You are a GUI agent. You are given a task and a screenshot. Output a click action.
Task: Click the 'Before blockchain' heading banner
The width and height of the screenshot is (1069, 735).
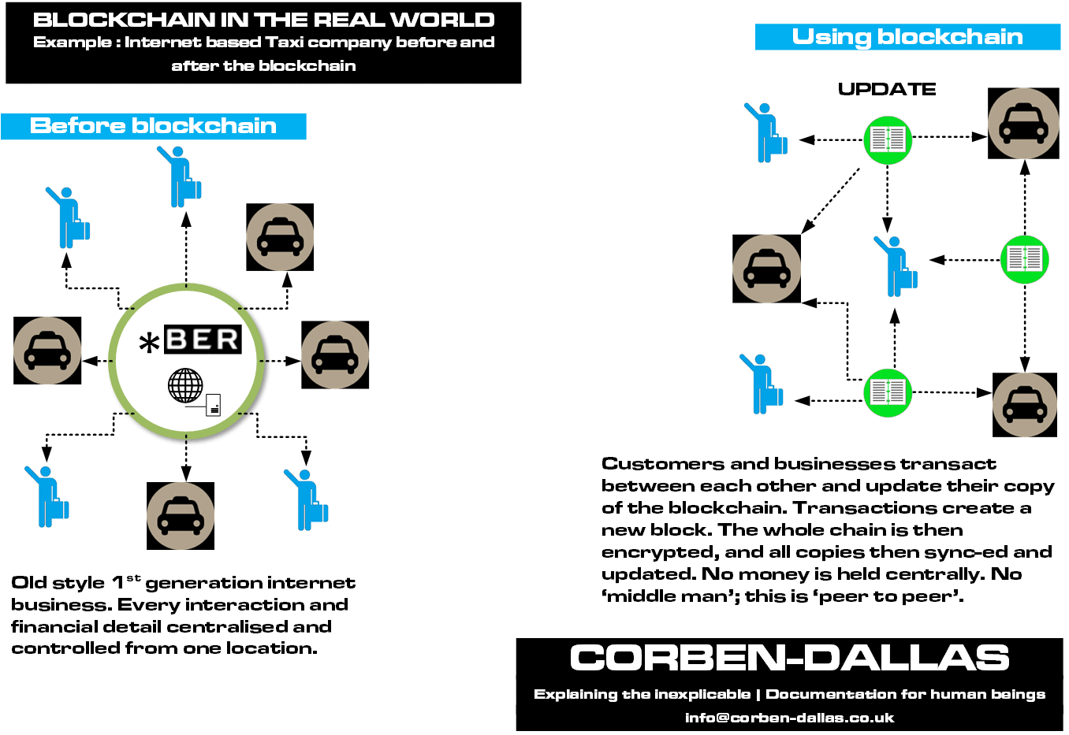153,126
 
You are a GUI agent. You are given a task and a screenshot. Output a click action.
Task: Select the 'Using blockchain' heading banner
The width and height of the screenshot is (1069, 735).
907,37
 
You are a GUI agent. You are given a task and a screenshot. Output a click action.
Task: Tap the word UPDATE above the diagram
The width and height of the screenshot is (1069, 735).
887,89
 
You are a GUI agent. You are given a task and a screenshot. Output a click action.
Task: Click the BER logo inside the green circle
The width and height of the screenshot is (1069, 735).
203,340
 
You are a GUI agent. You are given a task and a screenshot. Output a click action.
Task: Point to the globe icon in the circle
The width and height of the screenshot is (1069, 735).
185,385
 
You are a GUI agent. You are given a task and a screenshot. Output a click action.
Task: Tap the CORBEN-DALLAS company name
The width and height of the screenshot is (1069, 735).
789,658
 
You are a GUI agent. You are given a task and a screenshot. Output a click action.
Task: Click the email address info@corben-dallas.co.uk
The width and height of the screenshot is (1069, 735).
789,718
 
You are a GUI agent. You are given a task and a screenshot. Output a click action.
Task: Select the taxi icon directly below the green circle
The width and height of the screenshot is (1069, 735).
181,516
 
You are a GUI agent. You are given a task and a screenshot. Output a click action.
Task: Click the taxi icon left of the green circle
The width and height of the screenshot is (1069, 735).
47,351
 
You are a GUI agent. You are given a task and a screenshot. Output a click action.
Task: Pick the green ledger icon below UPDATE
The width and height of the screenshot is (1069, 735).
888,139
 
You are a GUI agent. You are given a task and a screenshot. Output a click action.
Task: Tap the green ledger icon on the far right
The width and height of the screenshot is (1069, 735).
1024,258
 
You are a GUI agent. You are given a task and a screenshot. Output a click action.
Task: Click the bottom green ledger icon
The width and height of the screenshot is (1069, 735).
888,392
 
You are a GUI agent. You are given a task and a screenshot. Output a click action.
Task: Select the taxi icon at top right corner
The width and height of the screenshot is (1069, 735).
1023,124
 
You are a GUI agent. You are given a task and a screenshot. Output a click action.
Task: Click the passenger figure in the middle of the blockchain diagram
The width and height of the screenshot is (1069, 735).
895,266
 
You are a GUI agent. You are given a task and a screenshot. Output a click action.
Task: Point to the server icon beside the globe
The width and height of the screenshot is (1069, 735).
213,405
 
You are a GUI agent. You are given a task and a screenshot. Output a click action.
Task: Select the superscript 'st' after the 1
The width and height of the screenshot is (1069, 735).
133,577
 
